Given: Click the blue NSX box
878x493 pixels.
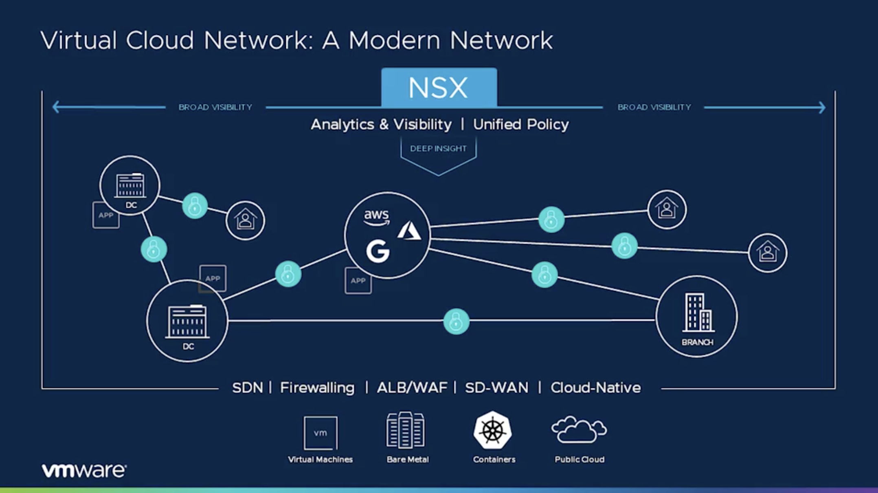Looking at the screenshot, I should (x=439, y=87).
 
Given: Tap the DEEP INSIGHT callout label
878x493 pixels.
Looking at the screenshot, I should (x=438, y=149).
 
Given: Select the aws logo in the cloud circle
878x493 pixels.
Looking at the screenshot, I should (x=376, y=216).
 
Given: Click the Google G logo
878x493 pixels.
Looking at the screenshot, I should (x=378, y=251).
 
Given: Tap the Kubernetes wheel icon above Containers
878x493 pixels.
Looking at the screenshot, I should (x=492, y=430).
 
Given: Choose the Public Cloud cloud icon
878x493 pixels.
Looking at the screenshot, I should (x=579, y=429).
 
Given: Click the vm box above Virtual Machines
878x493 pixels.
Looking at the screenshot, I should (x=320, y=432).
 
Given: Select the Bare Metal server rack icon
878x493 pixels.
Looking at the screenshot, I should (x=405, y=430).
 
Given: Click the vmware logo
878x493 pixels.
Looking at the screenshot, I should (x=84, y=471).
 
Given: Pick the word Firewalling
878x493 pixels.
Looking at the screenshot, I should (x=317, y=387).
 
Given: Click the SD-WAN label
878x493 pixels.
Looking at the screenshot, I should (x=496, y=387).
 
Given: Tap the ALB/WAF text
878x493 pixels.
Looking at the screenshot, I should (x=412, y=387).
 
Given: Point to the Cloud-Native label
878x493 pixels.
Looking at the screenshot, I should (x=595, y=387).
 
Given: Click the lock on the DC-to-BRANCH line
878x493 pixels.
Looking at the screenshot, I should (x=456, y=321).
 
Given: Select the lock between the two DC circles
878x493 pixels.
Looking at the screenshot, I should (x=154, y=249).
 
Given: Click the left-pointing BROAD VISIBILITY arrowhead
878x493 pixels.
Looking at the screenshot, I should (x=56, y=107).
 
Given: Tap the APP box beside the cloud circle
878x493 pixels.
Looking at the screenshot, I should (x=358, y=280).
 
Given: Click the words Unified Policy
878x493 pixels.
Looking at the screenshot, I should (x=520, y=124).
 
